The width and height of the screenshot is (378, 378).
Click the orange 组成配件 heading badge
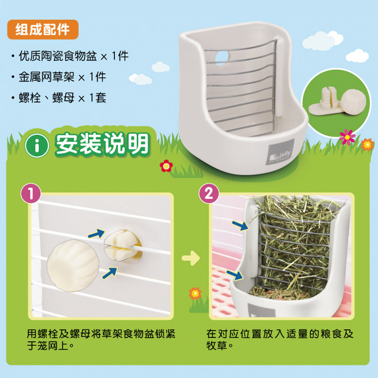click(43, 29)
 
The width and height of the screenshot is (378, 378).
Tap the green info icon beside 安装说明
click(37, 146)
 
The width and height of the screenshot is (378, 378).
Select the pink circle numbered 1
click(31, 193)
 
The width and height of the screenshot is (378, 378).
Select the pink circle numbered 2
click(209, 193)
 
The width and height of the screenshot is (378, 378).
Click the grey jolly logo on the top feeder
click(280, 152)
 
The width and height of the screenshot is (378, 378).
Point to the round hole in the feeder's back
click(222, 58)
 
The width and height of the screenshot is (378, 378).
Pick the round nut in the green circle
click(353, 101)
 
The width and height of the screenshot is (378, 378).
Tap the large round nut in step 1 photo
click(73, 266)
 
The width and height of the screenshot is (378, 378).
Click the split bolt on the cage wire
click(122, 245)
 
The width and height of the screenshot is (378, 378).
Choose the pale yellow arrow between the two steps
click(191, 258)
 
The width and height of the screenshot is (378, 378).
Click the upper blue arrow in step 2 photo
click(240, 225)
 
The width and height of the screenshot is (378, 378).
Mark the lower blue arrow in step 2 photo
click(234, 275)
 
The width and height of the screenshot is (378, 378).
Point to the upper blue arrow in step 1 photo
click(96, 233)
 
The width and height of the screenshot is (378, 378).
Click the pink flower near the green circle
click(347, 137)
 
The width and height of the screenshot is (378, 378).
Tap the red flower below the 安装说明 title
click(166, 166)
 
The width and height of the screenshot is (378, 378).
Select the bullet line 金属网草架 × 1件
click(59, 77)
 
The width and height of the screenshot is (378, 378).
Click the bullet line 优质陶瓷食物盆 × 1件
click(70, 56)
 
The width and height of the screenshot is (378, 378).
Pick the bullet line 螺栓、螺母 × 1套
click(59, 98)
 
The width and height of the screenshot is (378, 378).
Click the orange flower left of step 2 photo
click(195, 293)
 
